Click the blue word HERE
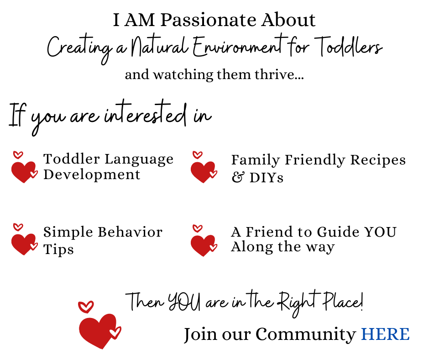[385, 334]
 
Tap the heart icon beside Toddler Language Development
[24, 167]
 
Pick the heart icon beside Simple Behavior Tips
[24, 239]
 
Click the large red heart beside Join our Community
[99, 325]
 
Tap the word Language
[139, 159]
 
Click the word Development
[92, 175]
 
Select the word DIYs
[266, 178]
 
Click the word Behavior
[130, 232]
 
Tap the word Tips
[58, 249]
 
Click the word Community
[306, 334]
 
